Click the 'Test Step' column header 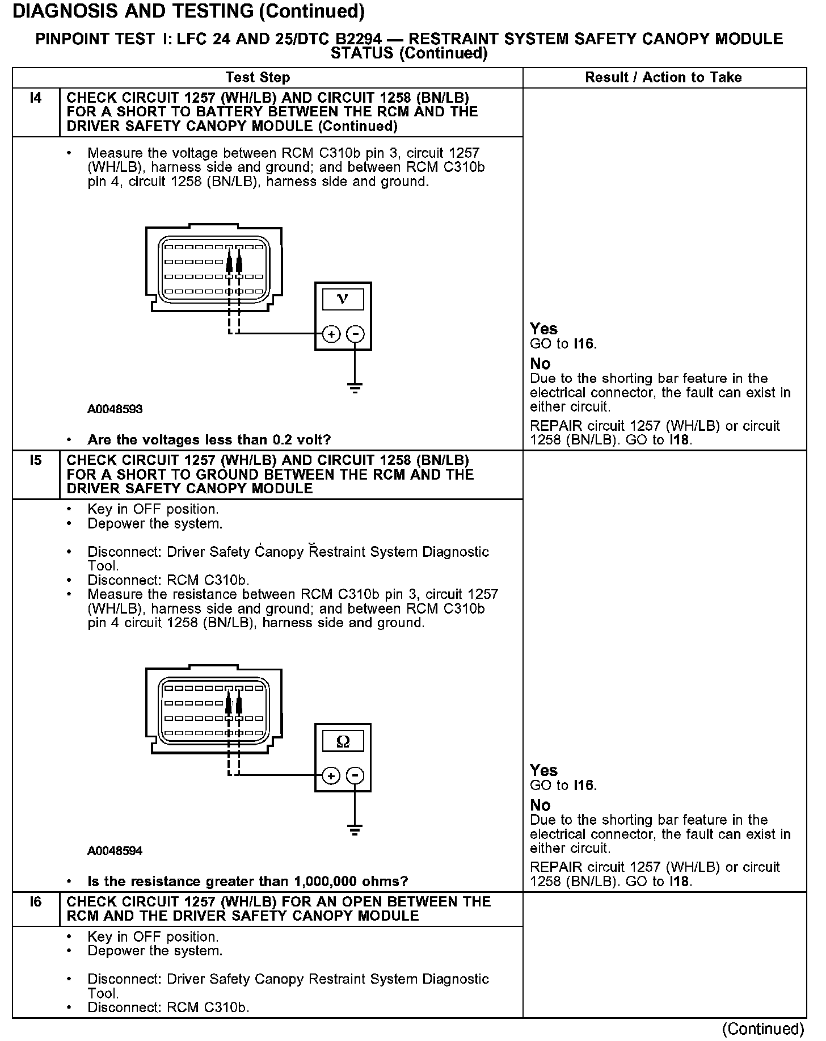click(x=258, y=77)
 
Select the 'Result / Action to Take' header click(x=663, y=77)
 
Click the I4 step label click(x=36, y=98)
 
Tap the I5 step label click(x=36, y=460)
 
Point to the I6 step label click(x=36, y=902)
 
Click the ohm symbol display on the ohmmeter click(x=343, y=741)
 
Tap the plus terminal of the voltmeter click(x=331, y=334)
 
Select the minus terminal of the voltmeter click(x=355, y=334)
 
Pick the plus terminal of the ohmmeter click(x=331, y=776)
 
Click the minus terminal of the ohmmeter click(x=355, y=776)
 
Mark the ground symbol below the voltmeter click(x=355, y=389)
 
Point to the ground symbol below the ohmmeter click(x=355, y=830)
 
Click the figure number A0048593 click(x=115, y=409)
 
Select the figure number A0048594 click(x=115, y=851)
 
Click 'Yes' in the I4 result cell click(x=543, y=329)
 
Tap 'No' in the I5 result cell click(x=540, y=805)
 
